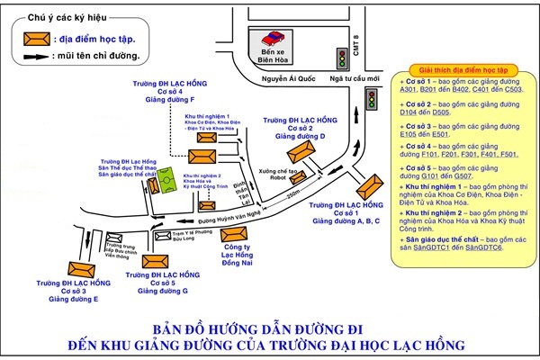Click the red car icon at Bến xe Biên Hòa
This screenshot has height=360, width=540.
point(269,38)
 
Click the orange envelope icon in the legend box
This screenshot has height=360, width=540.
point(37,38)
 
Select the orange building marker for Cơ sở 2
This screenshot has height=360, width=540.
point(300,148)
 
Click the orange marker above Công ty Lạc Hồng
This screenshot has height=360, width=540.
point(233,238)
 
